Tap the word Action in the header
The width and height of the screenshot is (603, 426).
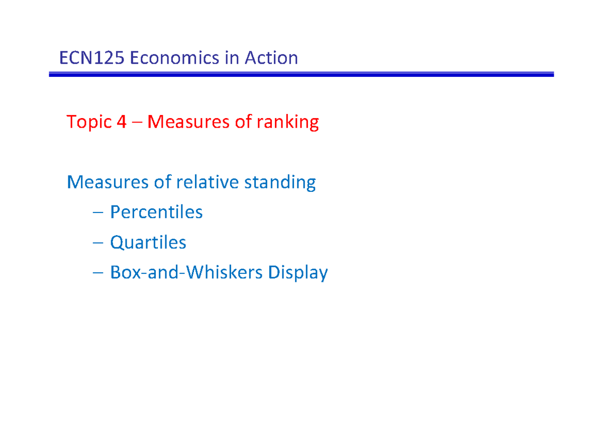pyautogui.click(x=271, y=58)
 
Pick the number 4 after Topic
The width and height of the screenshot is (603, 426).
pyautogui.click(x=121, y=122)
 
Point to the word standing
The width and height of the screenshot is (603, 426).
pyautogui.click(x=280, y=182)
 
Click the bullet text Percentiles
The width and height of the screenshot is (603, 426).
pyautogui.click(x=156, y=212)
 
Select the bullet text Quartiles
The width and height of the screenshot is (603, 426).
pyautogui.click(x=148, y=243)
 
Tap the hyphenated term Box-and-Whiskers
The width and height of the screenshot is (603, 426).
pyautogui.click(x=186, y=273)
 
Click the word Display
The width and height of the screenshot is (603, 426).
pyautogui.click(x=298, y=273)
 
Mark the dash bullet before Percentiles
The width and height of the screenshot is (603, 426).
pyautogui.click(x=98, y=213)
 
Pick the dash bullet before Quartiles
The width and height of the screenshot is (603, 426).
pyautogui.click(x=98, y=243)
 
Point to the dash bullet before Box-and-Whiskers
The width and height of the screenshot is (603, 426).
pyautogui.click(x=98, y=273)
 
